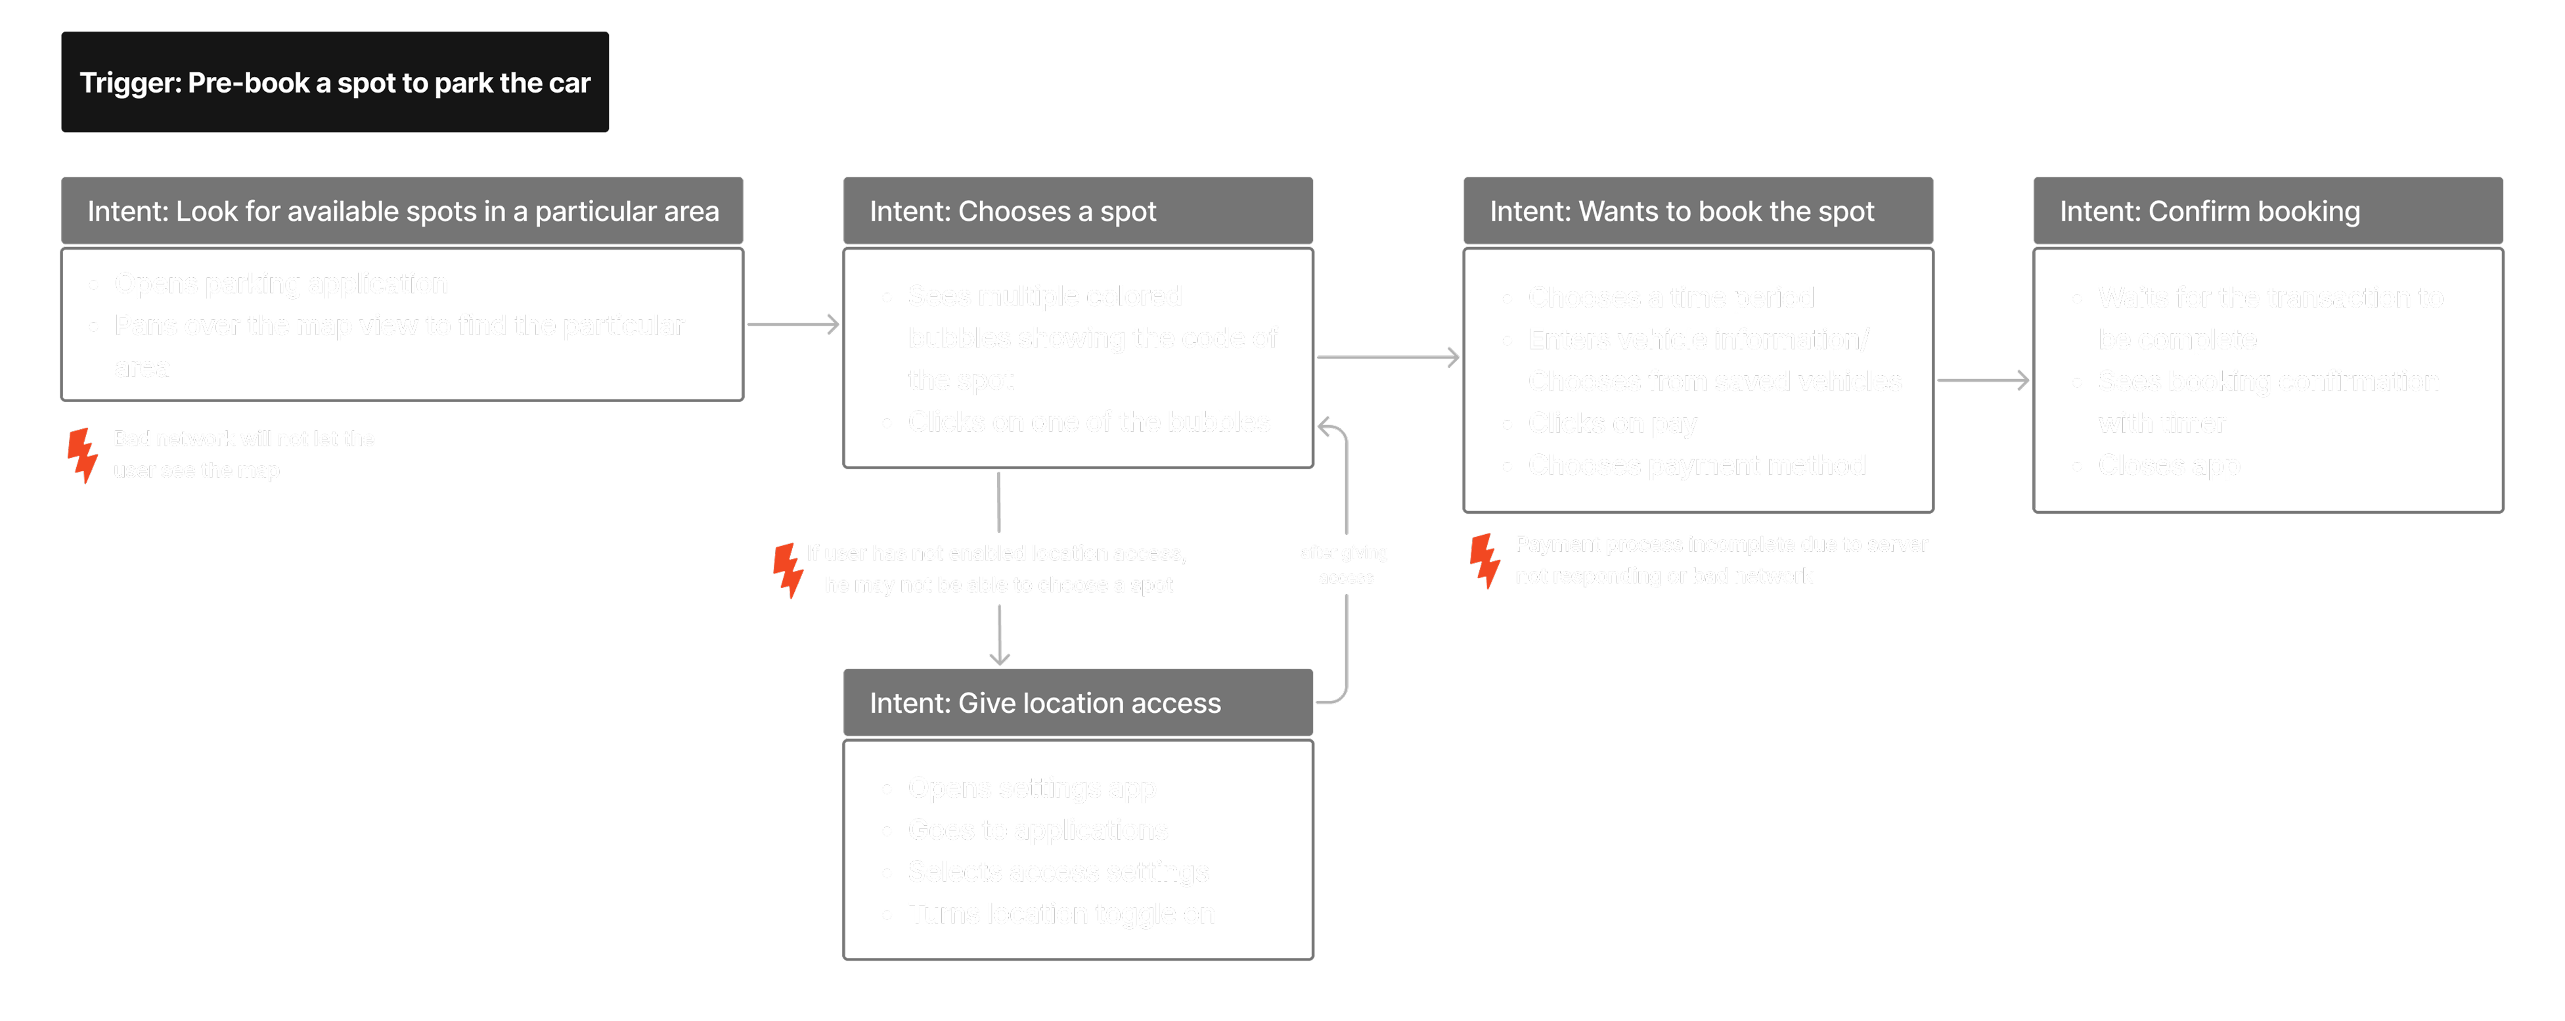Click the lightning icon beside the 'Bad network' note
(x=83, y=455)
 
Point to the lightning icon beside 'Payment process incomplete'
(x=1484, y=561)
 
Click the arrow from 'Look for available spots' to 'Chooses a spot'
(x=793, y=324)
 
